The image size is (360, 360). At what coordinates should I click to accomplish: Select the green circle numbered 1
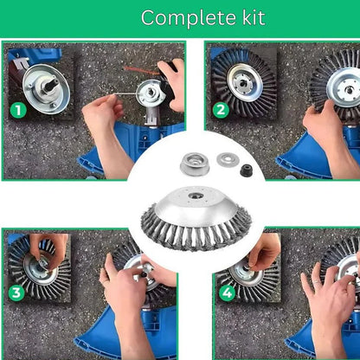point(18,111)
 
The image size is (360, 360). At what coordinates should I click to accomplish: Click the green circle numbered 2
point(221,110)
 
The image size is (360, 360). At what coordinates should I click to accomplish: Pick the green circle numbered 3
point(16,293)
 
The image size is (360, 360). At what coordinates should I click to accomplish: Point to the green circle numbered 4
point(227,293)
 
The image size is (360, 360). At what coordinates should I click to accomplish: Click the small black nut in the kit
point(247,170)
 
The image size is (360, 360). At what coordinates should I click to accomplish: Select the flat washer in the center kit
point(227,159)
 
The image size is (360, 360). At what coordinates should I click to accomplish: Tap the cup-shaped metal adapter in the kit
point(194,164)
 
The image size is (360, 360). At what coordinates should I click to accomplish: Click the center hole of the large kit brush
point(194,196)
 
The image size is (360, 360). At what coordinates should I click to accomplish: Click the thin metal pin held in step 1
point(125,93)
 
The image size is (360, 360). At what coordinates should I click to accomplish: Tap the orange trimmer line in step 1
point(141,70)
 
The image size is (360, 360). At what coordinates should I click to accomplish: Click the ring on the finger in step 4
point(317,281)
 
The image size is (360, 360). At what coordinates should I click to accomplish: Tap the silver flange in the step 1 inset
point(46,88)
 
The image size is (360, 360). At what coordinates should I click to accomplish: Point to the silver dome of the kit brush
point(194,206)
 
